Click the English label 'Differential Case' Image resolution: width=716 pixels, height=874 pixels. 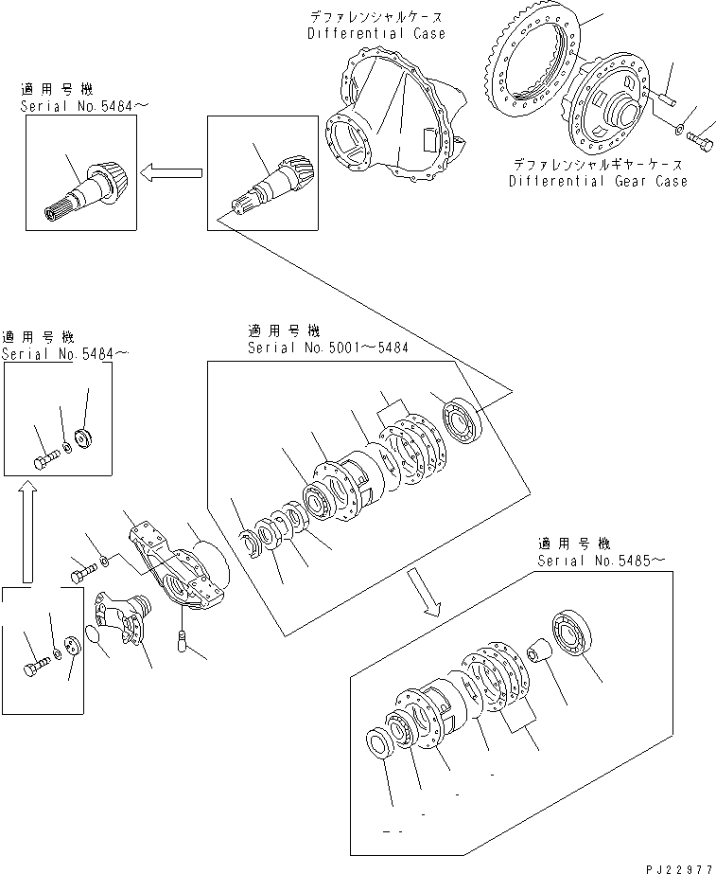(375, 33)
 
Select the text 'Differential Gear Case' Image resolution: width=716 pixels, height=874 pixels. (598, 181)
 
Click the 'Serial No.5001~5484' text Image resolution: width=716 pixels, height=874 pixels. (327, 348)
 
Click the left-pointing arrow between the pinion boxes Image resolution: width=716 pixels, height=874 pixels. (171, 171)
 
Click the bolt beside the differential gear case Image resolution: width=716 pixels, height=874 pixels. (701, 143)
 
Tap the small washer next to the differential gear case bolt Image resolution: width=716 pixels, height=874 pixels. (681, 127)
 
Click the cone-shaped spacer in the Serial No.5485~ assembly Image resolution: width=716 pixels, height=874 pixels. (539, 653)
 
